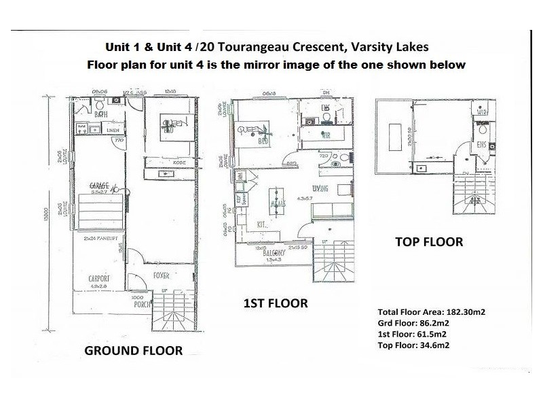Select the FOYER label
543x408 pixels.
pyautogui.click(x=162, y=276)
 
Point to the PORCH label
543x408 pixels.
pyautogui.click(x=139, y=304)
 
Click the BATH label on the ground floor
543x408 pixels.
pyautogui.click(x=102, y=114)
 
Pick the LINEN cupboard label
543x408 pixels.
pyautogui.click(x=113, y=130)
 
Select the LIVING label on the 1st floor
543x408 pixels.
pyautogui.click(x=320, y=188)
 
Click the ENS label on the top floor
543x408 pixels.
pyautogui.click(x=481, y=144)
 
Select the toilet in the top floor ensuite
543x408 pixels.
pyautogui.click(x=483, y=129)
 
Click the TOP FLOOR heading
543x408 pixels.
pyautogui.click(x=429, y=241)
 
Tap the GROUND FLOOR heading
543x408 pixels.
pyautogui.click(x=133, y=351)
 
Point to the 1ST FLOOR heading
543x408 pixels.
pyautogui.click(x=276, y=303)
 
